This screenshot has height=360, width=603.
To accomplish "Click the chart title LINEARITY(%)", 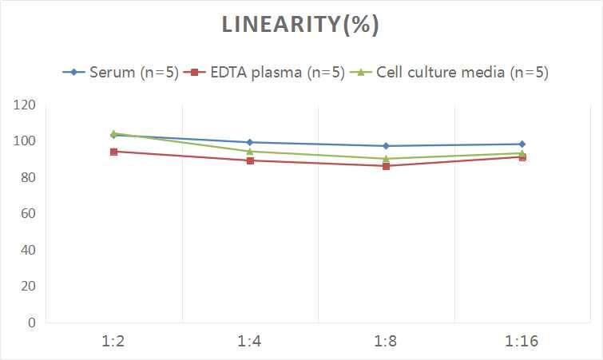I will (x=300, y=26).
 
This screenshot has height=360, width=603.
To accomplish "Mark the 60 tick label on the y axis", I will (x=27, y=214).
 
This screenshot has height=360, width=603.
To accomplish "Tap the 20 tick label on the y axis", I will (x=27, y=286).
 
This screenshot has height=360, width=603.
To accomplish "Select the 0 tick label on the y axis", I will (x=31, y=322).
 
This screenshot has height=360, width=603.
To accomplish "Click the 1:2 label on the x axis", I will (x=114, y=342).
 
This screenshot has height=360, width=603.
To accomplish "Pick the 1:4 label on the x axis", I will (x=250, y=342).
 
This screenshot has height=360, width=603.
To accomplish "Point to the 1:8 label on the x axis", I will (x=386, y=342).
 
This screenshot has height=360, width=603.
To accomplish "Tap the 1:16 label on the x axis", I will (x=522, y=342).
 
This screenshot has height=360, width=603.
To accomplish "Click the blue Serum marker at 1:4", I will (x=250, y=142).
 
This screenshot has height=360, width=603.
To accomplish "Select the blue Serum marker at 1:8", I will (x=386, y=146).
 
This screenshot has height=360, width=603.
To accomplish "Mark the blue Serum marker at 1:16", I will (x=522, y=144).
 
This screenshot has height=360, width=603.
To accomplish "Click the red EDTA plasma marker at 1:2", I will (x=114, y=152).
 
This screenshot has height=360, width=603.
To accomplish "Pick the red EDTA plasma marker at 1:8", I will (x=386, y=166).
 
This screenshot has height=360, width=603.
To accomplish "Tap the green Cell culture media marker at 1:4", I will (x=250, y=151).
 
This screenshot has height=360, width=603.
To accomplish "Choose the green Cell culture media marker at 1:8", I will (x=386, y=158).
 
